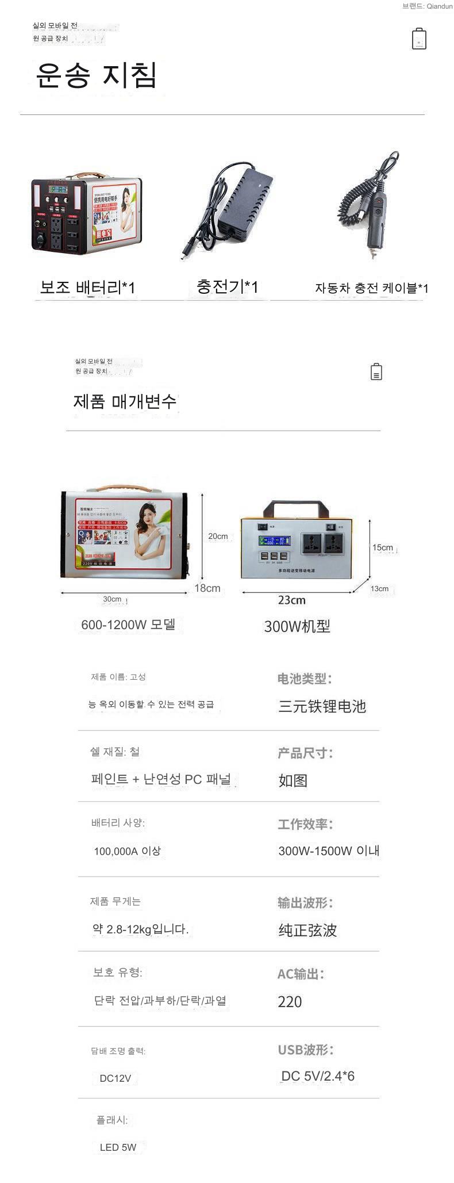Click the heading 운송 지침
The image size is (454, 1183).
(96, 75)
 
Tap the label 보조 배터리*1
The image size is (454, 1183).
(87, 287)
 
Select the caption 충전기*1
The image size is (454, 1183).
(227, 286)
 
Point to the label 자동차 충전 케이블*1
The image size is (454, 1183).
(371, 288)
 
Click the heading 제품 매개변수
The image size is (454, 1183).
(125, 401)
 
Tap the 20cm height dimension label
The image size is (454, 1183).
(218, 536)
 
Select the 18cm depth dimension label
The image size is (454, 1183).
(207, 588)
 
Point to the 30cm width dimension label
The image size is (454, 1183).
(112, 599)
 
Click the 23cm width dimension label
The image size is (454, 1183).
(291, 600)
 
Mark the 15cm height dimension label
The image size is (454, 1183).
(382, 548)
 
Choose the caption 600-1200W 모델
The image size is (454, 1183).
(128, 625)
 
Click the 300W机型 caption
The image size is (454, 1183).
(297, 626)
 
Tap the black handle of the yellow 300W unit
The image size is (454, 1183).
(295, 508)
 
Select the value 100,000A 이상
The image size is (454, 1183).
(127, 851)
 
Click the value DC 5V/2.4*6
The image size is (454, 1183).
(317, 1076)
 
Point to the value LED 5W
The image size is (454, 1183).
(118, 1147)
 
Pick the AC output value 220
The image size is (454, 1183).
(290, 1002)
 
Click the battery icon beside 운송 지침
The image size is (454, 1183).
(419, 39)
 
